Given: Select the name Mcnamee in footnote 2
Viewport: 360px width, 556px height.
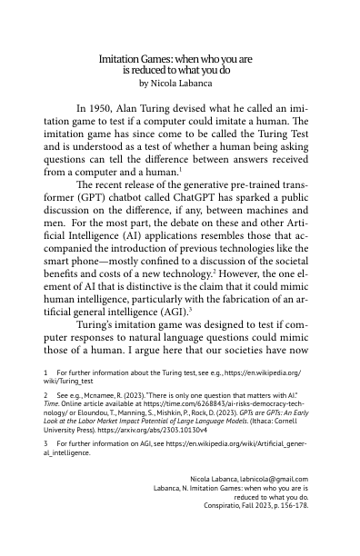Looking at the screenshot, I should (x=97, y=396).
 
